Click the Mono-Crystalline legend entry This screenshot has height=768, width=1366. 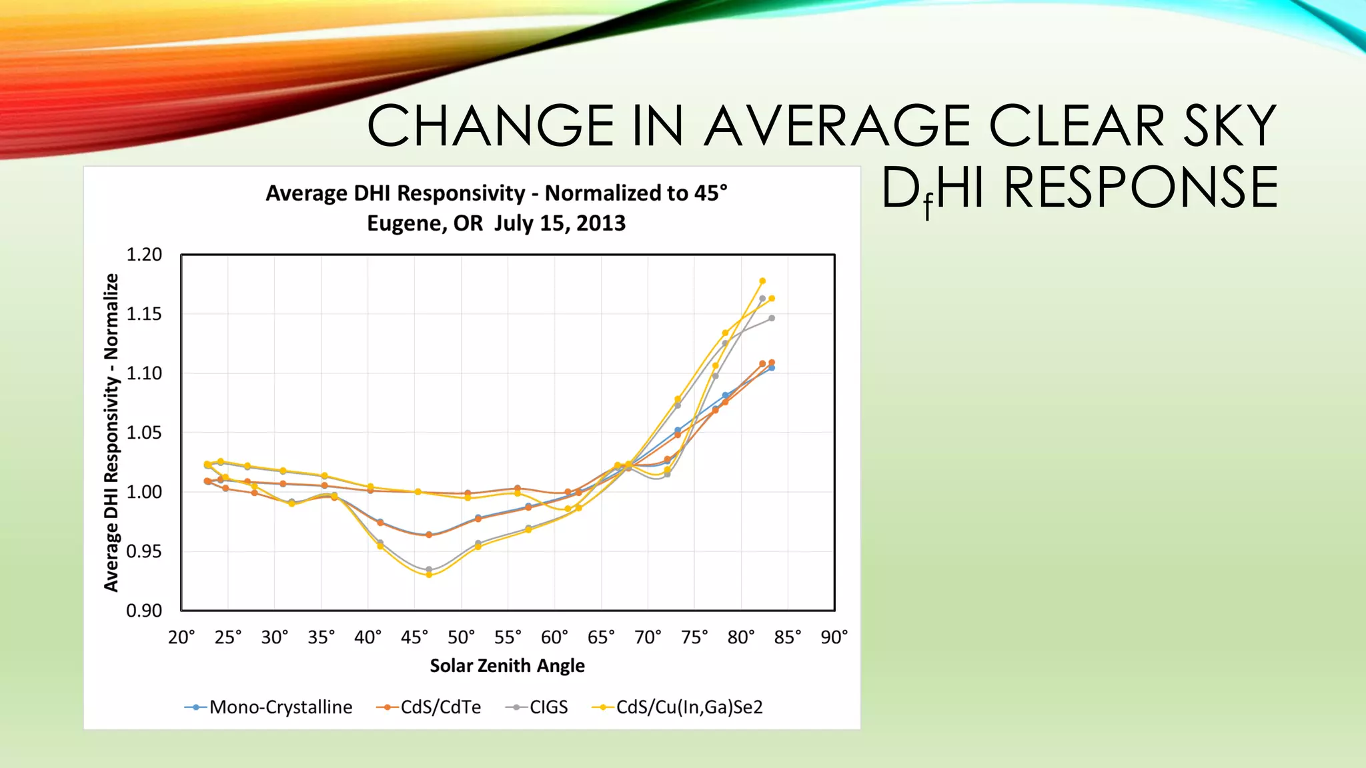[x=268, y=707]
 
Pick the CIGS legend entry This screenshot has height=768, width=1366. [x=537, y=707]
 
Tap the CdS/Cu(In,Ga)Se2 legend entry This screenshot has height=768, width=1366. [x=678, y=707]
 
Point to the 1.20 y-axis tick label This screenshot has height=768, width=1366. [x=144, y=255]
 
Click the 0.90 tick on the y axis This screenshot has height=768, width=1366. [x=144, y=611]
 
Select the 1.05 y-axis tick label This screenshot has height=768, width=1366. [x=144, y=433]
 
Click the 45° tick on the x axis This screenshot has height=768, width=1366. [x=414, y=637]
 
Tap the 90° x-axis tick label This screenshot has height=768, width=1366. [x=834, y=637]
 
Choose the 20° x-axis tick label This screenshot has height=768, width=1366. [x=181, y=637]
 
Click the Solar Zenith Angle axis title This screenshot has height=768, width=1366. [x=507, y=665]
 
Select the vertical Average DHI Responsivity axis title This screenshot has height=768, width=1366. [x=111, y=432]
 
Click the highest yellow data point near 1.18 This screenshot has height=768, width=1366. [x=762, y=281]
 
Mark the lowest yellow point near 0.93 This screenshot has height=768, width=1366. [x=429, y=575]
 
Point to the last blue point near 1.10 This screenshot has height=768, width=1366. [x=772, y=368]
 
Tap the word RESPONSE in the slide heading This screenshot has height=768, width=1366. [x=1141, y=188]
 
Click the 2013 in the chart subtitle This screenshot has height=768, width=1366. [x=601, y=223]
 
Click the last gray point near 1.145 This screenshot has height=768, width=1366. [x=772, y=319]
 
